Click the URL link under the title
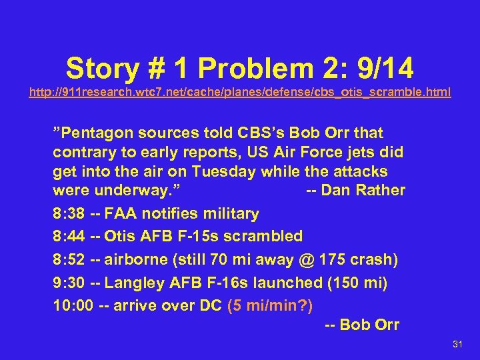coord(240,91)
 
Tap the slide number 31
coord(457,343)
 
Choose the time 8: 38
coord(69,213)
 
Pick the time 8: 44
coord(69,236)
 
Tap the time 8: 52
coord(69,259)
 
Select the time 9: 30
coord(69,283)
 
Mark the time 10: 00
coord(73,306)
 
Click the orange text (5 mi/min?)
coord(270,306)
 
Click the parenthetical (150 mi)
coord(357,283)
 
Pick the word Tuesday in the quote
coord(222,171)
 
